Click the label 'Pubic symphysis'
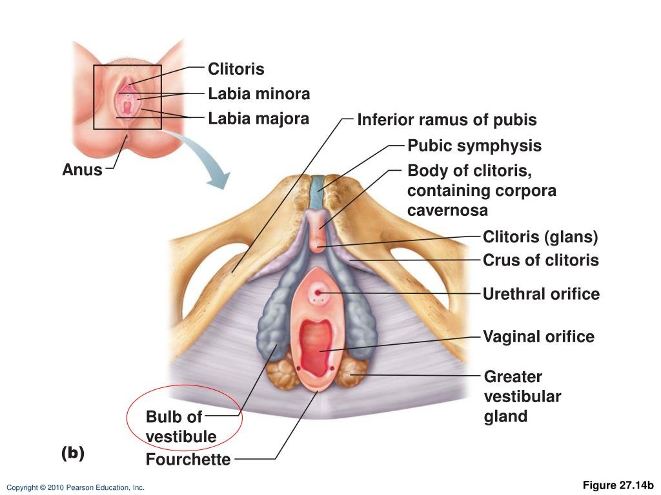point(474,146)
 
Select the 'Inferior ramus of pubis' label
point(447,120)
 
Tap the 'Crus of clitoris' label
point(540,260)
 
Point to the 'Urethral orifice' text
point(541,295)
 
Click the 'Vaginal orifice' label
point(538,336)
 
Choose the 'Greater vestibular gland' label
point(522,396)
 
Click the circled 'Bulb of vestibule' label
point(181,426)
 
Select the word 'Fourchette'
point(188,460)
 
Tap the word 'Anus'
point(82,170)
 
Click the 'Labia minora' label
point(258,94)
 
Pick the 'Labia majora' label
point(258,119)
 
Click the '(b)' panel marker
point(73,453)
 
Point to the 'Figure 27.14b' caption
point(618,485)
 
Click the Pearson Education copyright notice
point(76,488)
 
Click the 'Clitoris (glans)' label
point(540,237)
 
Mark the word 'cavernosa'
point(447,210)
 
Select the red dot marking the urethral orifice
point(318,293)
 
